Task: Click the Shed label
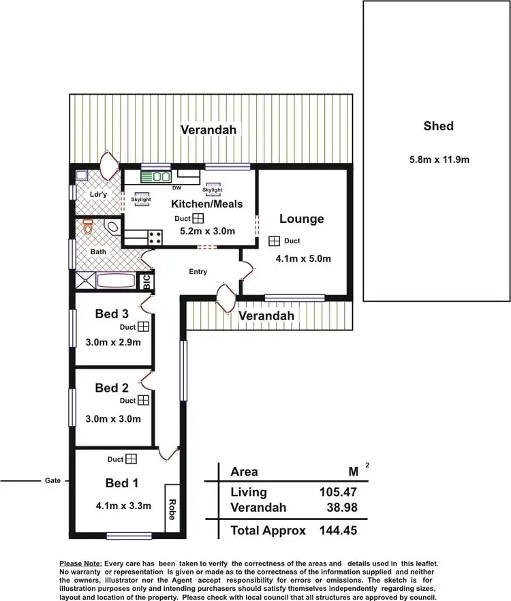click(438, 126)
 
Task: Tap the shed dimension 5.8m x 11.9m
click(439, 160)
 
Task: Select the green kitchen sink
click(156, 176)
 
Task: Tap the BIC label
click(146, 281)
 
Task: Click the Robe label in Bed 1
click(172, 510)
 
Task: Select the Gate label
click(52, 480)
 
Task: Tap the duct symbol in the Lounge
click(275, 241)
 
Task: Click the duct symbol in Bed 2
click(143, 401)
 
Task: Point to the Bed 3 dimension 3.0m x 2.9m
click(113, 342)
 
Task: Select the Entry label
click(198, 272)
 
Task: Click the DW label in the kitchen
click(176, 188)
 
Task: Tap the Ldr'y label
click(99, 194)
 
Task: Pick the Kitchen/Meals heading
click(206, 204)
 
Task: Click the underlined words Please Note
click(81, 564)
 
